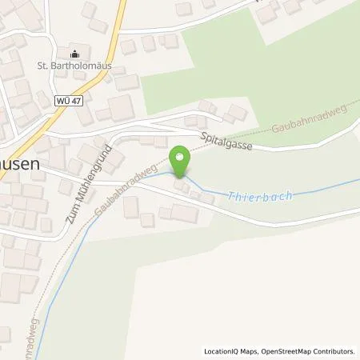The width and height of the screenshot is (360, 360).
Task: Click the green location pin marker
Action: (x=182, y=161)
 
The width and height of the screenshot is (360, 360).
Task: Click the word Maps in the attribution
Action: (x=249, y=351)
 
